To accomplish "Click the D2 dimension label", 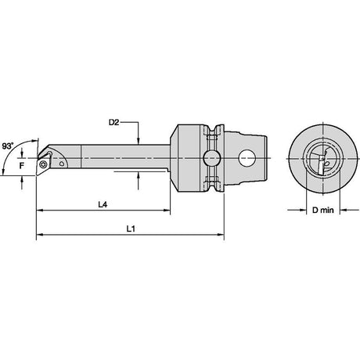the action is click(x=113, y=122).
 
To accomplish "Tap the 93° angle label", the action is click(x=8, y=146).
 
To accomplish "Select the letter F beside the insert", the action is click(x=22, y=165).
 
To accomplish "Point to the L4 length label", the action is click(x=103, y=204).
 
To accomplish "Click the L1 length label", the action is click(x=131, y=229).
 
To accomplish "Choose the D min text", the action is click(x=323, y=210).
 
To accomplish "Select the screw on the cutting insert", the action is click(x=43, y=164).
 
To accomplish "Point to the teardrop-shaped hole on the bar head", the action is click(x=62, y=164).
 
